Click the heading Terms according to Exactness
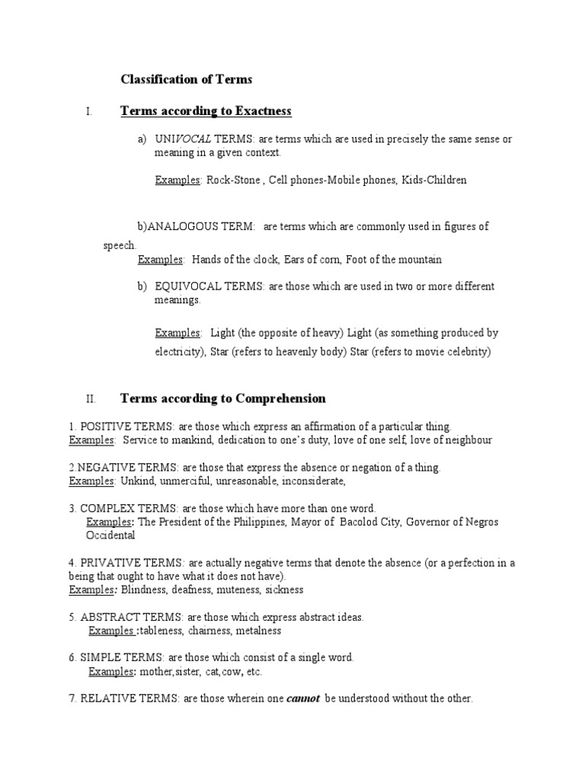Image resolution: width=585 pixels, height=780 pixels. coord(206,111)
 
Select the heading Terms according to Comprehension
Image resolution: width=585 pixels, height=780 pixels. coord(222,398)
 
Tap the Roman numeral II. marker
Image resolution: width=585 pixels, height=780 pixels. coord(91,399)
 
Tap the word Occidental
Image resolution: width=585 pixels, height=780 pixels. coord(110,535)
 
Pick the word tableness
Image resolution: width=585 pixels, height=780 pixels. coord(165,631)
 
